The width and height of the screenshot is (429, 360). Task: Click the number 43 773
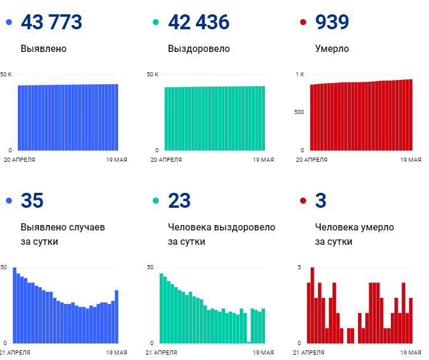pyautogui.click(x=51, y=22)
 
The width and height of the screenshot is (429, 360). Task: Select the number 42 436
pyautogui.click(x=199, y=22)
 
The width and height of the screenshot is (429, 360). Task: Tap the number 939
pyautogui.click(x=332, y=22)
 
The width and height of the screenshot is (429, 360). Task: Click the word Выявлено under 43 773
pyautogui.click(x=44, y=48)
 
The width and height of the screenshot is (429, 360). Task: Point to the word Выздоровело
pyautogui.click(x=199, y=48)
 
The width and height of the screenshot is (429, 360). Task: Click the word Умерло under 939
pyautogui.click(x=332, y=48)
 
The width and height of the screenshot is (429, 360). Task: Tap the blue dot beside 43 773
pyautogui.click(x=8, y=23)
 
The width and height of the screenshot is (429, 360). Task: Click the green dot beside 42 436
pyautogui.click(x=156, y=23)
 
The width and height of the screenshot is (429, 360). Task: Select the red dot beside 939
pyautogui.click(x=303, y=23)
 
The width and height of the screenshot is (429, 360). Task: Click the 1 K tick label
pyautogui.click(x=300, y=74)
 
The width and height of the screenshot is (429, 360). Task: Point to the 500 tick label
pyautogui.click(x=299, y=112)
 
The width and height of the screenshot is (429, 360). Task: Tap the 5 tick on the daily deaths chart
pyautogui.click(x=300, y=267)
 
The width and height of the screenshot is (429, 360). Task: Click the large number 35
pyautogui.click(x=32, y=201)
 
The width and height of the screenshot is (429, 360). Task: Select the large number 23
pyautogui.click(x=179, y=201)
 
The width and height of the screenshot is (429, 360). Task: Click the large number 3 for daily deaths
pyautogui.click(x=320, y=201)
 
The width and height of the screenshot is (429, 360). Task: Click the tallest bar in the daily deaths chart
pyautogui.click(x=312, y=304)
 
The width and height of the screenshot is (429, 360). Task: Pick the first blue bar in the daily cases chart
pyautogui.click(x=15, y=304)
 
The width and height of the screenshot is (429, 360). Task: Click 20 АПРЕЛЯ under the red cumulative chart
pyautogui.click(x=313, y=159)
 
